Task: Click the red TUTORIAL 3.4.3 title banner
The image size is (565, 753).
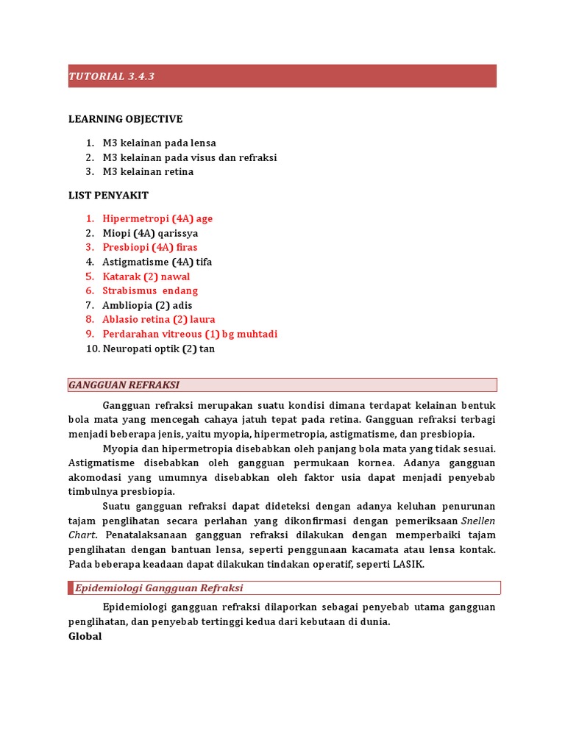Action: pyautogui.click(x=282, y=76)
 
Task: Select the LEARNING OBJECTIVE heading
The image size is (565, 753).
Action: pyautogui.click(x=125, y=119)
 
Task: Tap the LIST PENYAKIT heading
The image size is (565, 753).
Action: pyautogui.click(x=108, y=195)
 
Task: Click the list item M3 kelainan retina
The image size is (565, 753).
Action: pyautogui.click(x=148, y=172)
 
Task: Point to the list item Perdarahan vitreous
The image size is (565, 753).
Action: pyautogui.click(x=190, y=334)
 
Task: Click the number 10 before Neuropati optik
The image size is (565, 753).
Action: pyautogui.click(x=92, y=349)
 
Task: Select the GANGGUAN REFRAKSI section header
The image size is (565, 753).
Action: pyautogui.click(x=124, y=385)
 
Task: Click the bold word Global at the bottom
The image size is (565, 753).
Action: pyautogui.click(x=85, y=636)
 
